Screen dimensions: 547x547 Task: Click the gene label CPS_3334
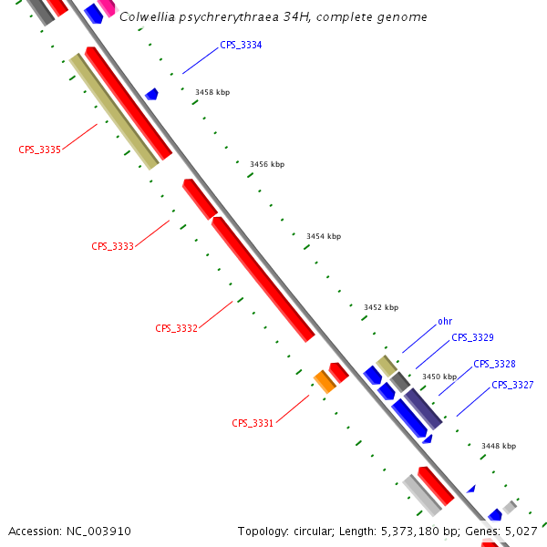[241, 45]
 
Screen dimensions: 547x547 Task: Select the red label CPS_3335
[39, 150]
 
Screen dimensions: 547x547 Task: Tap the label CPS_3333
[112, 246]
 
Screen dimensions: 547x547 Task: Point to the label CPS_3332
[176, 328]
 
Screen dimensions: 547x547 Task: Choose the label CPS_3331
[253, 423]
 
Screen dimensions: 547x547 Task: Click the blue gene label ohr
[445, 321]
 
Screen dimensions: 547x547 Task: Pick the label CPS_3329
[472, 337]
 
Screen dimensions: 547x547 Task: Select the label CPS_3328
[494, 364]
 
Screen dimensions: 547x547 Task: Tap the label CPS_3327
[512, 385]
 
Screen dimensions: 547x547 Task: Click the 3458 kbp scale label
[212, 92]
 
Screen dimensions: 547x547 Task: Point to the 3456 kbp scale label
[267, 165]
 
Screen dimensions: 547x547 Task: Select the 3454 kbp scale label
[324, 236]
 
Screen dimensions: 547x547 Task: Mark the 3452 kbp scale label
[381, 308]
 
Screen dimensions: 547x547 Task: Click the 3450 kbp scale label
[439, 377]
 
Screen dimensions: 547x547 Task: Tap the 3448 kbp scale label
[499, 446]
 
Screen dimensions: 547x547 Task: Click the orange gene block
[325, 381]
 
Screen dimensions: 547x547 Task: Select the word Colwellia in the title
[149, 17]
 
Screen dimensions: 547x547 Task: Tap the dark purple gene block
[423, 408]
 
